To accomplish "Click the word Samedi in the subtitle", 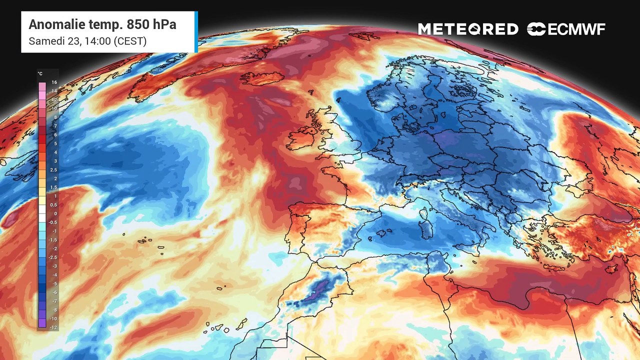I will coord(44,41).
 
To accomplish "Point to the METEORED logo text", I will coord(468,29).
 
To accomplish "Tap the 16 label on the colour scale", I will coord(54,82).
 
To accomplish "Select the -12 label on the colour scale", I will coord(53,327).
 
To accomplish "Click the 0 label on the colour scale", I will coord(55,213).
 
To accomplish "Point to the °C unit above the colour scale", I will coord(40,74).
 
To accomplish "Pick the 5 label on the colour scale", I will coord(55,143).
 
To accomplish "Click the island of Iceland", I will coord(261,78).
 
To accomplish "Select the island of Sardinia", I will coord(426,229).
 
